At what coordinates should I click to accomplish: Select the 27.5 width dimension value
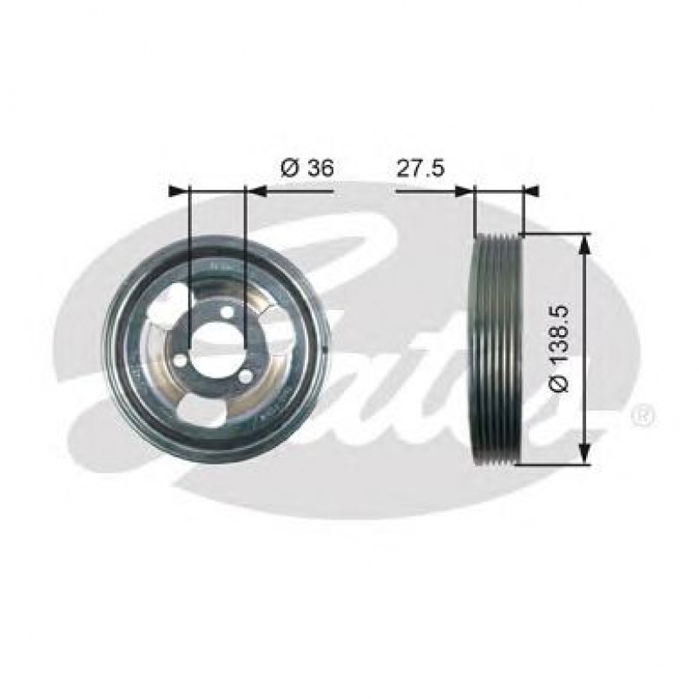pyautogui.click(x=420, y=168)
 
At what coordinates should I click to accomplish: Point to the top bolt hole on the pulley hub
pyautogui.click(x=227, y=313)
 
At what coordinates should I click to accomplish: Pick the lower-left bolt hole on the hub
pyautogui.click(x=181, y=359)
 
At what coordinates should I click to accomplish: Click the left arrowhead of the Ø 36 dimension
pyautogui.click(x=179, y=189)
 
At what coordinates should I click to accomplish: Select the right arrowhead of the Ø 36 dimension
pyautogui.click(x=257, y=189)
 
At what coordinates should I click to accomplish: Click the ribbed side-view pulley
pyautogui.click(x=496, y=348)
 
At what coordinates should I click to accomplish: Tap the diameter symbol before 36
pyautogui.click(x=290, y=168)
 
